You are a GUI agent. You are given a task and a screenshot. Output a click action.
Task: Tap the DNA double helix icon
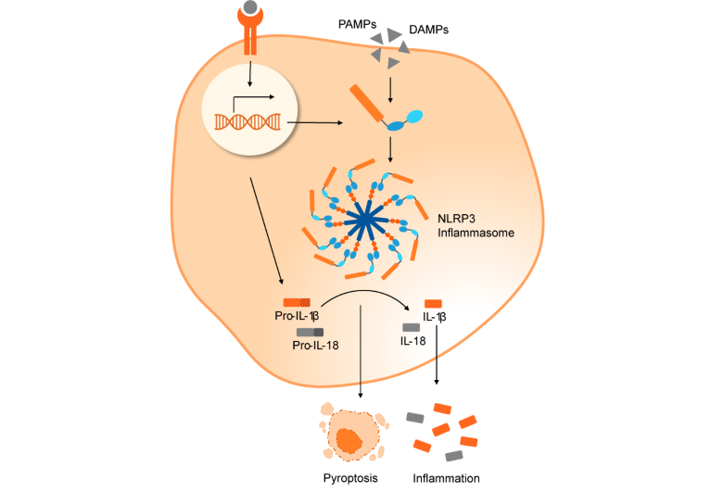[248, 120]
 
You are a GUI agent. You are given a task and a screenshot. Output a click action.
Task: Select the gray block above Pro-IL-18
[310, 332]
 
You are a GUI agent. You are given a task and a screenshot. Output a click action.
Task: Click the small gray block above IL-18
[411, 327]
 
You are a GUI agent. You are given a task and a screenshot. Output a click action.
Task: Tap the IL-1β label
[435, 317]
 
